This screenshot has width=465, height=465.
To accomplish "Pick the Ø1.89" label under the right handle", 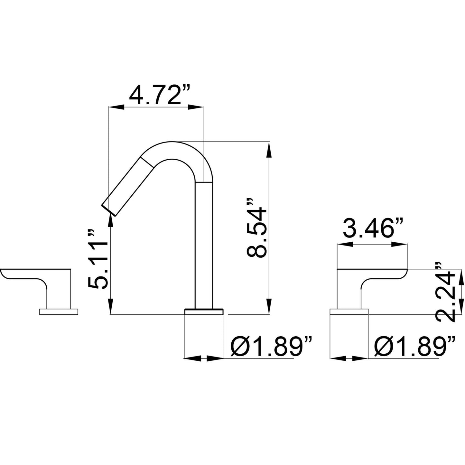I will coord(415,347).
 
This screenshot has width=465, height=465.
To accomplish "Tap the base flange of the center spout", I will coord(204,311).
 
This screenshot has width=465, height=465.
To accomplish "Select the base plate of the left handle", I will coord(59,312).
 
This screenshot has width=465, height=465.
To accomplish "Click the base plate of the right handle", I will coord(349,312).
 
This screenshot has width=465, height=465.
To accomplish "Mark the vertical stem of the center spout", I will coord(204,245).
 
